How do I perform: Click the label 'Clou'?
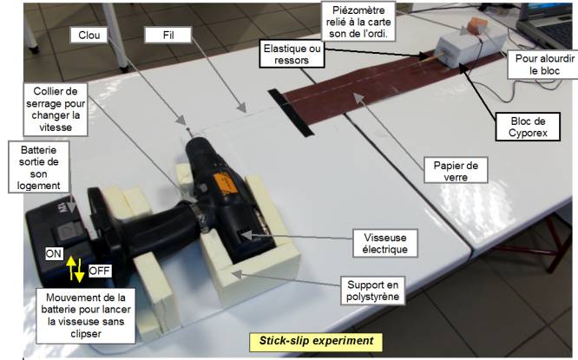coord(89,35)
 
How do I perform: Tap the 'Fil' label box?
coord(168,35)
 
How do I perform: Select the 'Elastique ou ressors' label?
coord(292,54)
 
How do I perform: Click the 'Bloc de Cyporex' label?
coord(528,127)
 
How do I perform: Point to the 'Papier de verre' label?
coord(456,171)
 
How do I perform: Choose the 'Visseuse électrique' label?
coord(384,243)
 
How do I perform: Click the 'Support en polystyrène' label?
coord(372,291)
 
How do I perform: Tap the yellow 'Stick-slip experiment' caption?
coord(316,341)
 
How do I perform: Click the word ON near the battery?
coord(54,253)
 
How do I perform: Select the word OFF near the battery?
coord(100,271)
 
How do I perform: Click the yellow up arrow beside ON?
coord(71,268)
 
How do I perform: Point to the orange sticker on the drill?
coord(226,183)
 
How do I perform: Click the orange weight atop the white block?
coord(477,26)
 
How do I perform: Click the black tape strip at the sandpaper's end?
coord(291,113)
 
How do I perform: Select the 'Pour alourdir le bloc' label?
coord(544,64)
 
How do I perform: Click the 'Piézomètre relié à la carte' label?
coord(358,22)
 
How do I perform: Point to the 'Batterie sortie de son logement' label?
coord(39,167)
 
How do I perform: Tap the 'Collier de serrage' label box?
coord(56,109)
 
